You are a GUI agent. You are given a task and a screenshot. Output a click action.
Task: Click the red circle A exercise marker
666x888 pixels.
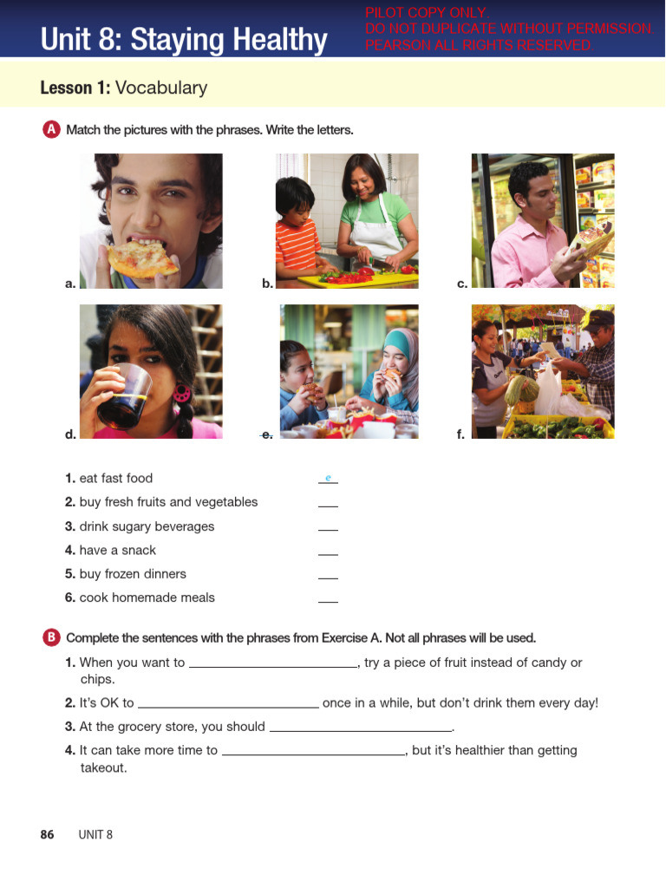click(51, 129)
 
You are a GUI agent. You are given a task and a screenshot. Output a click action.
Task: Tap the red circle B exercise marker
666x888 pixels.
click(51, 637)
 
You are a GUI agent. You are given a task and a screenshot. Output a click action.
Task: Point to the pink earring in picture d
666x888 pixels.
click(182, 393)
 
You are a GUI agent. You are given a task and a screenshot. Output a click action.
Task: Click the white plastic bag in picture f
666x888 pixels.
click(550, 389)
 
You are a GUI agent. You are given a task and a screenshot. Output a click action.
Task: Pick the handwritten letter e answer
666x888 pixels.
click(328, 478)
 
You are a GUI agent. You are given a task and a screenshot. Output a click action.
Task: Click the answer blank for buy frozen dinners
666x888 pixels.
click(328, 577)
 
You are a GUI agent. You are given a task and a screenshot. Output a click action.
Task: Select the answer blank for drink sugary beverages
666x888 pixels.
click(328, 529)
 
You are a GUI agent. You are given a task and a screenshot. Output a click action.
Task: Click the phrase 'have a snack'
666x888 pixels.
click(117, 550)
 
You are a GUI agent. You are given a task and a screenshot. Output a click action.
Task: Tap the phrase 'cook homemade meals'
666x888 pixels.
click(147, 597)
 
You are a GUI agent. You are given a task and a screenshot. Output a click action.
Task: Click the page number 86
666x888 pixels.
click(47, 834)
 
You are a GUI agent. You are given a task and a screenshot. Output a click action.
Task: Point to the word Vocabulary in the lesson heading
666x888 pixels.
click(161, 88)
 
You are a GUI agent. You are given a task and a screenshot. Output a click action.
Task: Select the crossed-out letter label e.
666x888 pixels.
click(267, 434)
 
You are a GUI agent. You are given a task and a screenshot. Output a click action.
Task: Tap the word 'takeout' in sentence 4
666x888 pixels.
click(103, 767)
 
